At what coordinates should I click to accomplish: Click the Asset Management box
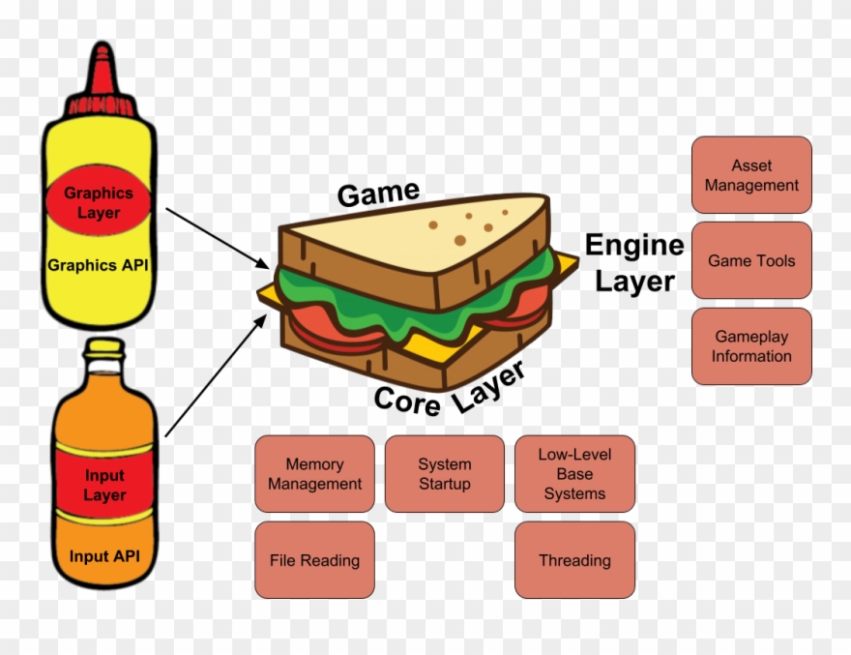click(x=751, y=175)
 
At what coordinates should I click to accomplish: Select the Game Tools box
click(x=751, y=260)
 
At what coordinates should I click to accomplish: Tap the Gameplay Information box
click(x=751, y=346)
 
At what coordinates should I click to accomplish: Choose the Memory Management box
click(x=314, y=474)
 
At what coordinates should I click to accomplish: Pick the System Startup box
click(x=445, y=474)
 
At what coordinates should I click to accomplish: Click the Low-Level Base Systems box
click(x=574, y=474)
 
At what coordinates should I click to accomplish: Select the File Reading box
click(x=314, y=560)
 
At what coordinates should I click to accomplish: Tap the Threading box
click(x=574, y=560)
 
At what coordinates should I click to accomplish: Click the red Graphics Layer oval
click(x=99, y=202)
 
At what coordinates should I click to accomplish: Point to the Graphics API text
click(x=99, y=265)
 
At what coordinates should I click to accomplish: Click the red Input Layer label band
click(x=104, y=485)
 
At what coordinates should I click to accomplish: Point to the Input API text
click(x=104, y=555)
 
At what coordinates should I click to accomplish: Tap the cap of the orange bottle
click(x=104, y=348)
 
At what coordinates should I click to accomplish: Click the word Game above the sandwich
click(x=378, y=194)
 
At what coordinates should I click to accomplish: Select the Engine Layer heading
click(x=634, y=262)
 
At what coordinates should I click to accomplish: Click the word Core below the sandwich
click(x=406, y=400)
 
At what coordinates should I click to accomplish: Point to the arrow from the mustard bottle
click(x=218, y=238)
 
